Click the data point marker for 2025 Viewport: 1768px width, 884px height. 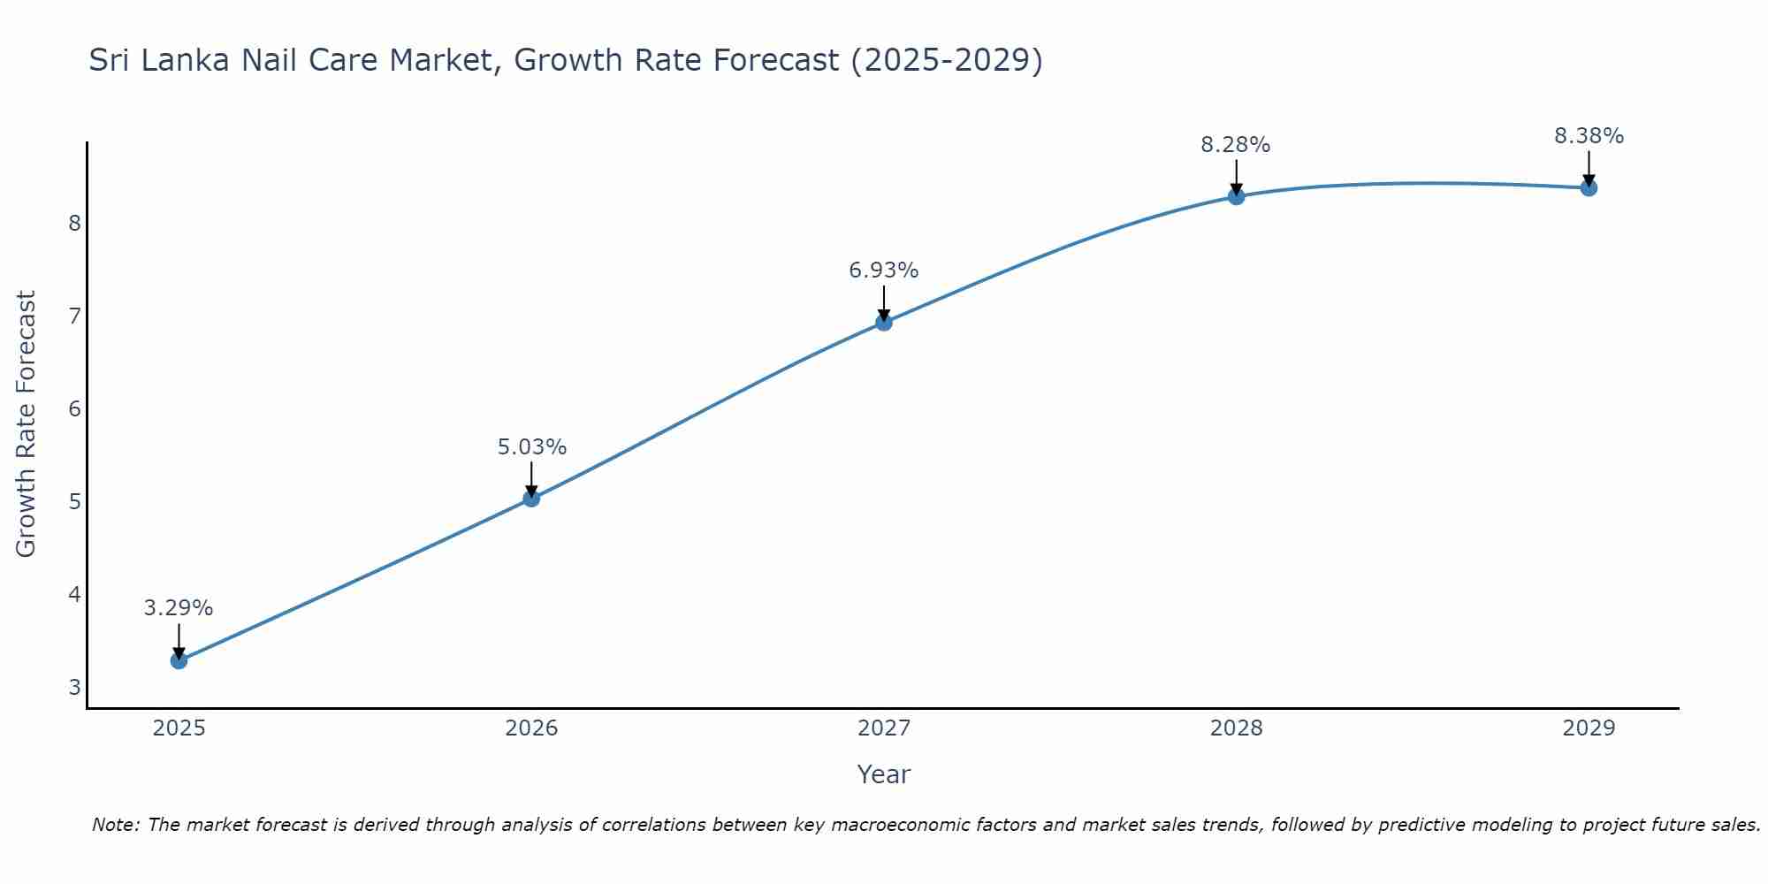tap(179, 660)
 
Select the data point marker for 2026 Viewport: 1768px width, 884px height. tap(531, 499)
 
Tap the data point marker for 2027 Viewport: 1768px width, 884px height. tap(883, 323)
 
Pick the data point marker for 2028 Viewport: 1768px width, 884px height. tap(1236, 196)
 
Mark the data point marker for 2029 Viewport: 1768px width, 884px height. tap(1589, 187)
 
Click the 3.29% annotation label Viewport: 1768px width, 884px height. tap(179, 608)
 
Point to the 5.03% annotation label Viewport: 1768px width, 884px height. tap(531, 447)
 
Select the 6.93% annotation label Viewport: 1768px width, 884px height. tap(883, 271)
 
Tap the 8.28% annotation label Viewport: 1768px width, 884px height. tap(1236, 145)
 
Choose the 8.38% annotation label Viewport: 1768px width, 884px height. tap(1589, 136)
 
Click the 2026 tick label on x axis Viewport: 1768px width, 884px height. tap(531, 728)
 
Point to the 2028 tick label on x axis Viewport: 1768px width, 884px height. tap(1236, 728)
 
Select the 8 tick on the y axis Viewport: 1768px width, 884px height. tap(74, 223)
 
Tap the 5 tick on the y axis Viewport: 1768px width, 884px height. tap(74, 502)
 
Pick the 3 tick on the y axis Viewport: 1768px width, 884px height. tap(74, 688)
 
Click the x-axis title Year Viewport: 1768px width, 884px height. tap(883, 774)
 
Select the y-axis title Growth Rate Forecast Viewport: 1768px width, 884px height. tap(27, 424)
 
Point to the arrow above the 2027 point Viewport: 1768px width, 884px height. tap(883, 302)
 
